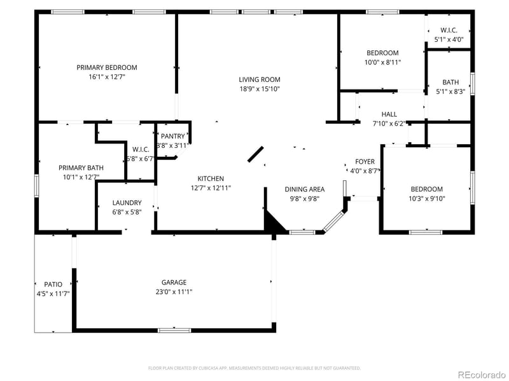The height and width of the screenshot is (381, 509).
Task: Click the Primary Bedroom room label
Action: click(107, 67)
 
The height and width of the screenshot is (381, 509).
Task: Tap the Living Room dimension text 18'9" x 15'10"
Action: click(260, 89)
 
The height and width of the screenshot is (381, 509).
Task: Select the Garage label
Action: click(174, 282)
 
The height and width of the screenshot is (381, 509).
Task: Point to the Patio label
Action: click(53, 284)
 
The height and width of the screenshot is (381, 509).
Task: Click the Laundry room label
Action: click(127, 203)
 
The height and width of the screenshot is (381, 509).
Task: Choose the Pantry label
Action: click(172, 136)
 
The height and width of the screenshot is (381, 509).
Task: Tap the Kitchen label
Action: click(211, 178)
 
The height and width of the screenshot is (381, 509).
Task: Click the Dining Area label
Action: click(304, 189)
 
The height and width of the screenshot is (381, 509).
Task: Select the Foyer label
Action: click(365, 162)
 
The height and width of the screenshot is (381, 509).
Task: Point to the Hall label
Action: click(389, 114)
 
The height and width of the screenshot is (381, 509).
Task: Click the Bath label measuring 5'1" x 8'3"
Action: click(450, 82)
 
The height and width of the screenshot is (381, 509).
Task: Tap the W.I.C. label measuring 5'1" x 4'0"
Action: click(449, 30)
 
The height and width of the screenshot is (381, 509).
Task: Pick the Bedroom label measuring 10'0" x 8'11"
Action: click(382, 53)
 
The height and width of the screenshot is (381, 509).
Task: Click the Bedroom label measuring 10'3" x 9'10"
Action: click(426, 189)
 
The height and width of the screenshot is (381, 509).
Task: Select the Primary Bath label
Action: click(81, 168)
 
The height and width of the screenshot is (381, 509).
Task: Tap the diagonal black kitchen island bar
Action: click(256, 154)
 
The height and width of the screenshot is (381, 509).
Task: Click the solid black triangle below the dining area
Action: click(273, 224)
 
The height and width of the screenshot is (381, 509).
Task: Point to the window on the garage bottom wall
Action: click(174, 330)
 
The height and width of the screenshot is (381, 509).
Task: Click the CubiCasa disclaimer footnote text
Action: click(254, 368)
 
